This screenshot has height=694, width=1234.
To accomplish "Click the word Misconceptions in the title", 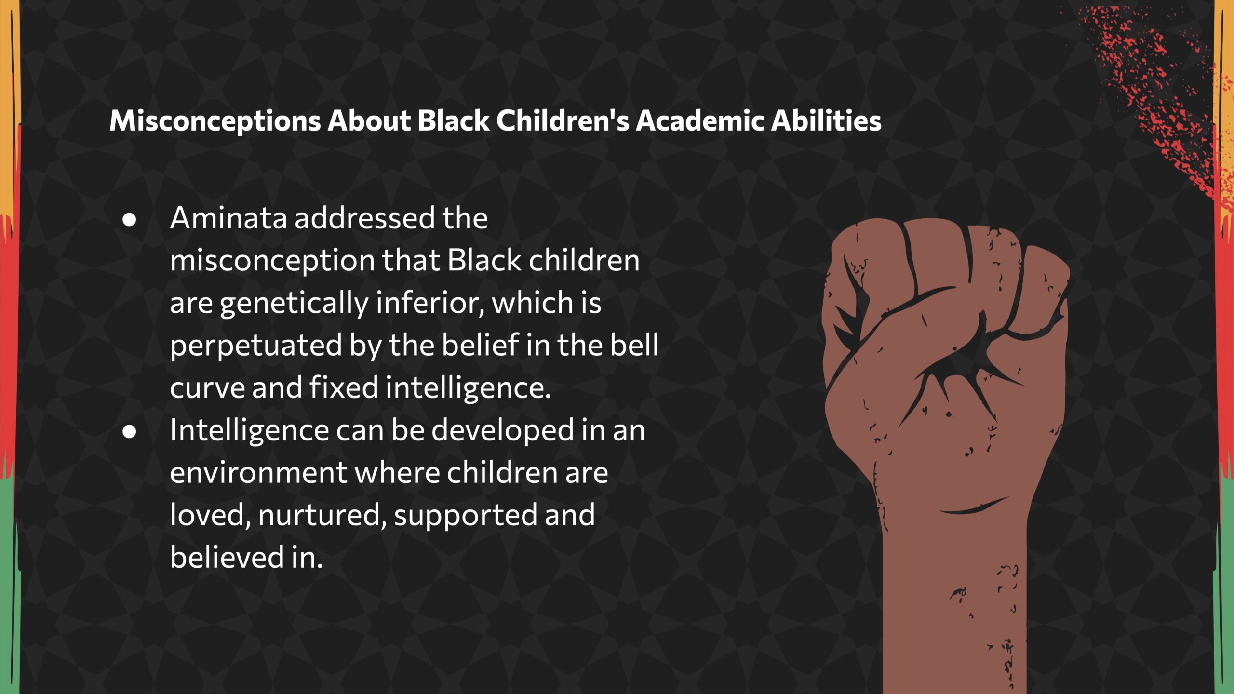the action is point(215,121).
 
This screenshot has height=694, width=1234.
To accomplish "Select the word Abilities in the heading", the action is point(826,120).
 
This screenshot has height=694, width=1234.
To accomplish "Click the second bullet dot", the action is point(129,432).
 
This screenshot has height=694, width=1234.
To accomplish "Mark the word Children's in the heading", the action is point(563,120).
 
